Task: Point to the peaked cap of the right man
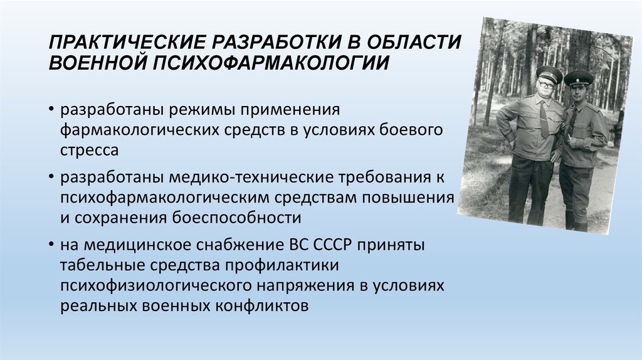pyautogui.click(x=578, y=78)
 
